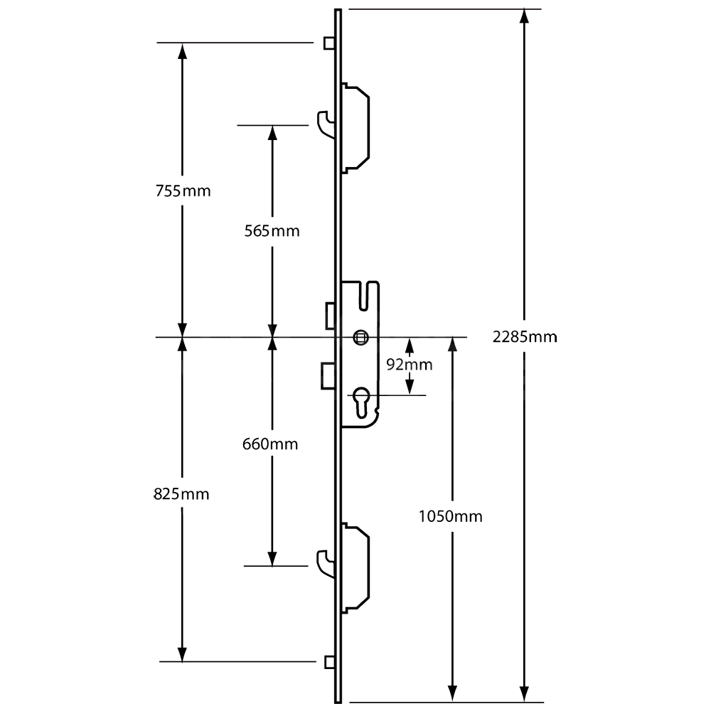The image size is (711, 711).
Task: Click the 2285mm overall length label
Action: click(524, 336)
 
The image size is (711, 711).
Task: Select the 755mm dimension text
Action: click(183, 191)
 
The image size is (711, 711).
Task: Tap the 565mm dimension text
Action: click(272, 231)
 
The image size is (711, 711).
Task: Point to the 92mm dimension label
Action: click(409, 365)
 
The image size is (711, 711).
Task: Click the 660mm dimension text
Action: click(270, 444)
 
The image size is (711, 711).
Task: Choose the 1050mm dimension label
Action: click(451, 516)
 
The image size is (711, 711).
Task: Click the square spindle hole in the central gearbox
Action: click(361, 336)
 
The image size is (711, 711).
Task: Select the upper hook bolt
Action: click(324, 122)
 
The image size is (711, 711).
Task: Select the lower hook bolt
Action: click(324, 562)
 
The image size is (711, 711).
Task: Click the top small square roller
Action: click(328, 43)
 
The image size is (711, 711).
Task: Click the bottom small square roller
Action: click(328, 662)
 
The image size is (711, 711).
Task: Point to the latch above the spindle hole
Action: click(330, 316)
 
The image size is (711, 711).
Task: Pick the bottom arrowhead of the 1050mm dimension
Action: click(451, 693)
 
